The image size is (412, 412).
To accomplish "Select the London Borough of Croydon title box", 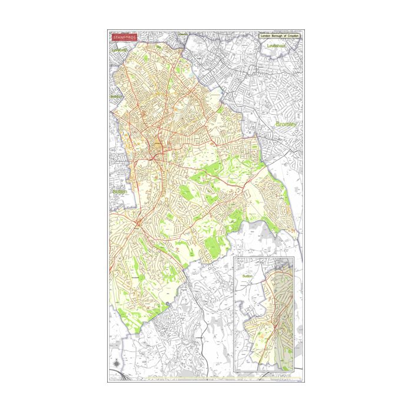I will [x=280, y=36].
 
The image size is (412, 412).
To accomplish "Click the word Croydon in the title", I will [x=293, y=36].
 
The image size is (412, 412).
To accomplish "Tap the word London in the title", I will [x=267, y=36].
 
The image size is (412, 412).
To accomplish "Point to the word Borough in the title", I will [x=278, y=36].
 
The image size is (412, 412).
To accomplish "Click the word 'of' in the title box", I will [x=285, y=36].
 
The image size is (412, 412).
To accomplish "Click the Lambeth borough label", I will [x=119, y=50].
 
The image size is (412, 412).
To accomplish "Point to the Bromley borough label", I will [x=287, y=125].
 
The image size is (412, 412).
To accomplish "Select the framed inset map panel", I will [x=267, y=313].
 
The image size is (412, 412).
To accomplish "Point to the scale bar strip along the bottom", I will [x=206, y=376].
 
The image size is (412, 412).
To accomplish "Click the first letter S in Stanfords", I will [x=114, y=36].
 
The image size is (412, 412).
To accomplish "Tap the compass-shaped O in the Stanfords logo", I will [x=128, y=36].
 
